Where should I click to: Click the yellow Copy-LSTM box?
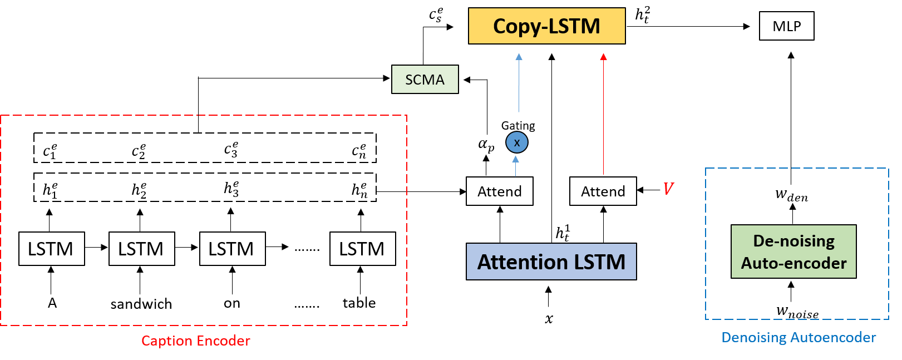pos(546,26)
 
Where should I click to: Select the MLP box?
pos(786,26)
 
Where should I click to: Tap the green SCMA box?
pos(425,80)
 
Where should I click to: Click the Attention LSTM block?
pos(551,262)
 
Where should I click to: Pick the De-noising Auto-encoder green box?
pos(793,251)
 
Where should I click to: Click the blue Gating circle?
pos(516,142)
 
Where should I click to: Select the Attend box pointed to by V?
pos(603,191)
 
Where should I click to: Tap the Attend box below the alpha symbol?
pos(499,191)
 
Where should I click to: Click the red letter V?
pos(668,189)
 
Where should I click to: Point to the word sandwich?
pos(141,304)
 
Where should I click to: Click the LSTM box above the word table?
pos(362,249)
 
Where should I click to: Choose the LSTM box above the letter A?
pos(51,249)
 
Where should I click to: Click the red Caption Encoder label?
pos(195,341)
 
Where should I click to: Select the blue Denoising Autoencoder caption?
pos(798,337)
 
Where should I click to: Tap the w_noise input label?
pos(797,312)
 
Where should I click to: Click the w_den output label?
pos(791,195)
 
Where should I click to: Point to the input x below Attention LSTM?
pos(549,319)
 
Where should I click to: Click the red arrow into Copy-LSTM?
pos(603,111)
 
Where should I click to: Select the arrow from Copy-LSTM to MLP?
pos(690,26)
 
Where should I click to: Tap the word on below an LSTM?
pos(232,303)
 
